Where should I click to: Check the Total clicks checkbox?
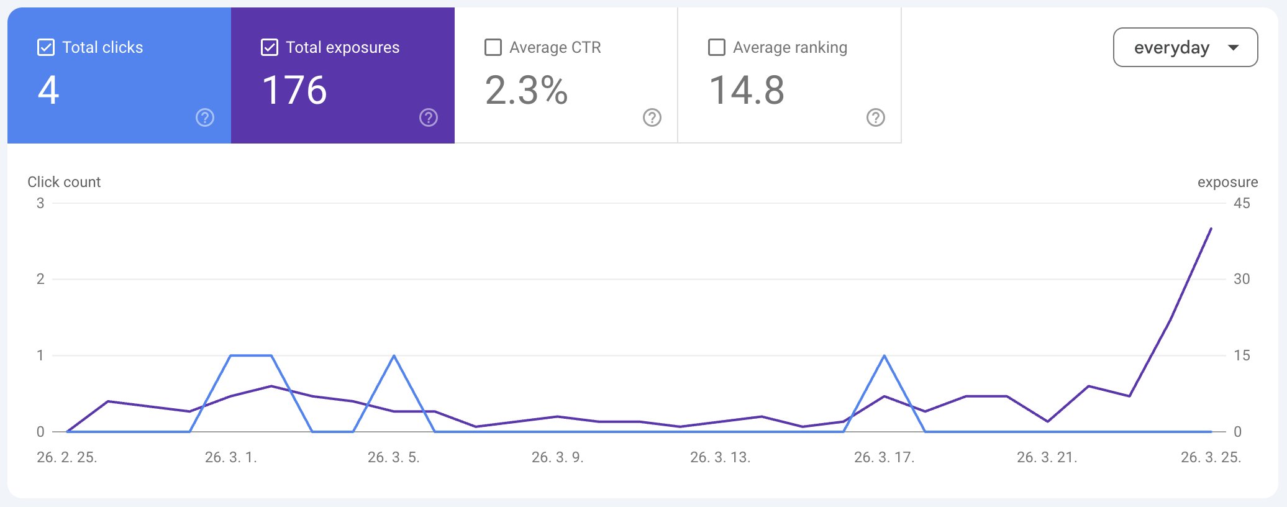46,47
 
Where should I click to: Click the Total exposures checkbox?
270,47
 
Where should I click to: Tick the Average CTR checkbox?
493,47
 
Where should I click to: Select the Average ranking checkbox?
717,47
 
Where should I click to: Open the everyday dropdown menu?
1185,47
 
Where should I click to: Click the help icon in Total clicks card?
205,117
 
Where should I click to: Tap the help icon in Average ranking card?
876,117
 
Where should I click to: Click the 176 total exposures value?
294,90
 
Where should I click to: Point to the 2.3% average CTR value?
526,90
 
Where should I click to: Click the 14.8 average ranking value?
747,90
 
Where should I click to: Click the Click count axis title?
64,182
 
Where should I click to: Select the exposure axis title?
1227,182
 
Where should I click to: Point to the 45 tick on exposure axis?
1242,203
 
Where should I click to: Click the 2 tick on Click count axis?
40,279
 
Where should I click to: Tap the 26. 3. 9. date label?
557,457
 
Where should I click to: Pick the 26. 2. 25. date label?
67,457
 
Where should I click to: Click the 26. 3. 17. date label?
884,457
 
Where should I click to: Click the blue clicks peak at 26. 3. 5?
394,356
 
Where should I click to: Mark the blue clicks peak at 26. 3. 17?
884,356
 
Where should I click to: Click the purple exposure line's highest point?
1211,229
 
